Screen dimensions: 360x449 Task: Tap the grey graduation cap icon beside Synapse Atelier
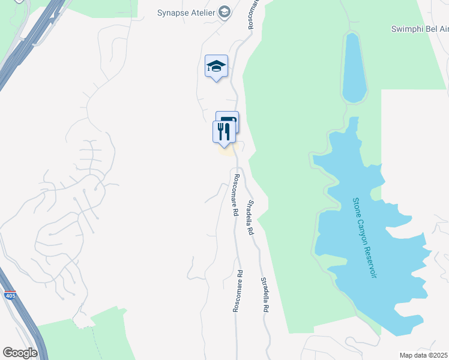(224, 12)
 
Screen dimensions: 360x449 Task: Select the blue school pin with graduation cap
(216, 67)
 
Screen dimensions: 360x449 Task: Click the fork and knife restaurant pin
(224, 132)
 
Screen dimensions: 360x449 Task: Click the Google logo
(20, 353)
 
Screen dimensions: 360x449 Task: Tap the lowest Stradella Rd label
(264, 295)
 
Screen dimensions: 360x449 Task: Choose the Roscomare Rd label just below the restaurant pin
(237, 195)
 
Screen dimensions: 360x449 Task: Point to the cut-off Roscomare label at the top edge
(253, 13)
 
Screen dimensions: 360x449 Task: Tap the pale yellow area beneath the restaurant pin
(226, 151)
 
